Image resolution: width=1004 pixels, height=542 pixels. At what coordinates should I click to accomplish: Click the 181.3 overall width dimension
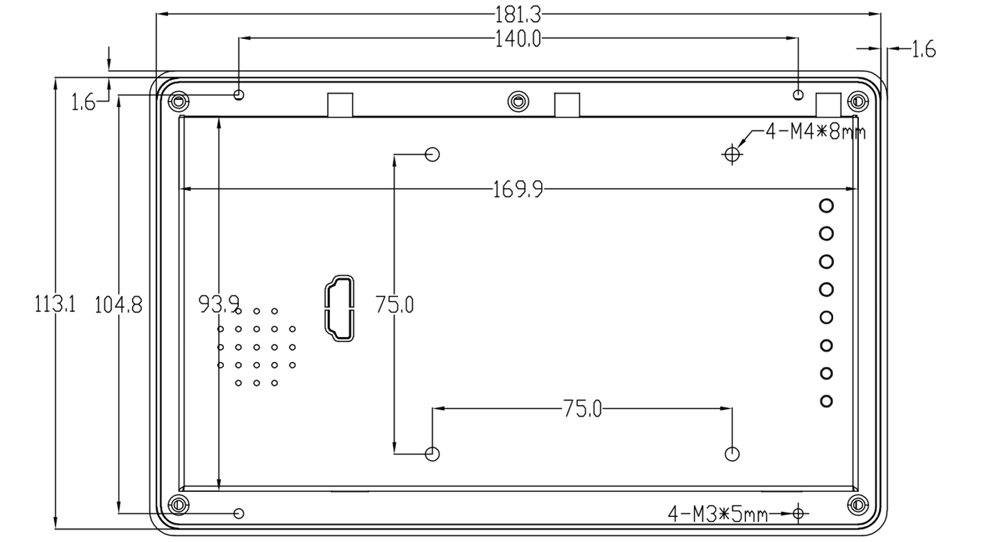coord(517,13)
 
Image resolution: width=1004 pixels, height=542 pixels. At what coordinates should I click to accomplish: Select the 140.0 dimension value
coord(517,39)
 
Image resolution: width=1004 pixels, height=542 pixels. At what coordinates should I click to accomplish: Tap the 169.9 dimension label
coord(518,189)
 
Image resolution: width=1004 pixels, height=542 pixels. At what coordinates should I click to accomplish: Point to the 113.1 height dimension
coord(56,304)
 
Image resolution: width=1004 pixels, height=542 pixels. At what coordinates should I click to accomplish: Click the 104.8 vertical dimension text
coord(119,304)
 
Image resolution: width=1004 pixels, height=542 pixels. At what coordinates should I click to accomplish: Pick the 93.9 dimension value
coord(219,304)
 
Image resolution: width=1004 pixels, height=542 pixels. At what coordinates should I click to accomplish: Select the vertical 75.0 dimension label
coord(394,304)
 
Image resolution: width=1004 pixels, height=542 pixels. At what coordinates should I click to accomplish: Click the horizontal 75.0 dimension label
coord(582,409)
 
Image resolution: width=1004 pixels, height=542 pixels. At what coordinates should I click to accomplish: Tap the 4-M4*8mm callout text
coord(816,132)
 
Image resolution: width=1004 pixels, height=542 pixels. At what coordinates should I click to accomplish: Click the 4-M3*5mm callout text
coord(718,514)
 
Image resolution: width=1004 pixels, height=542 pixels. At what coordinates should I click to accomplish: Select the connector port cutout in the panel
coord(338,309)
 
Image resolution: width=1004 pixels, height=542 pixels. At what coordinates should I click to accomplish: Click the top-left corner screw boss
coord(179,101)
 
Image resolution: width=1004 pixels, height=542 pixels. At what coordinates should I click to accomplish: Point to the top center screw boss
coord(517,101)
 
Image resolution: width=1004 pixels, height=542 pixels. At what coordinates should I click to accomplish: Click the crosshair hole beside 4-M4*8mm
coord(732,154)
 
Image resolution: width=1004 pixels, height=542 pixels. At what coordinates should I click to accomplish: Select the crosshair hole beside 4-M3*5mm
coord(798,514)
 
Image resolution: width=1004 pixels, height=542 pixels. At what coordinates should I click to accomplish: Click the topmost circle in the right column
coord(826,206)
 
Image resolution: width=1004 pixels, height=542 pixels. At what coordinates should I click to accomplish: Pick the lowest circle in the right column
coord(826,401)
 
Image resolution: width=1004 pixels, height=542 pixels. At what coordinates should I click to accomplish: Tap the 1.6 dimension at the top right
coord(923,49)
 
